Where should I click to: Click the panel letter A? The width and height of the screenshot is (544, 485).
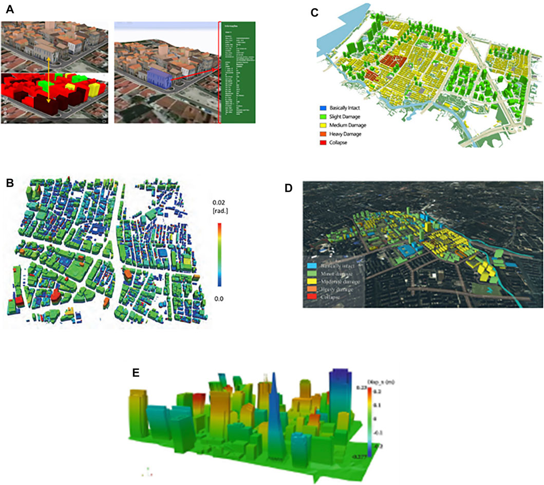click(8, 9)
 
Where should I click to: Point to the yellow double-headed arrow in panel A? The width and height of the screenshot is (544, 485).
click(49, 80)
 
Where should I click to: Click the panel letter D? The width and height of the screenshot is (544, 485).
click(289, 188)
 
